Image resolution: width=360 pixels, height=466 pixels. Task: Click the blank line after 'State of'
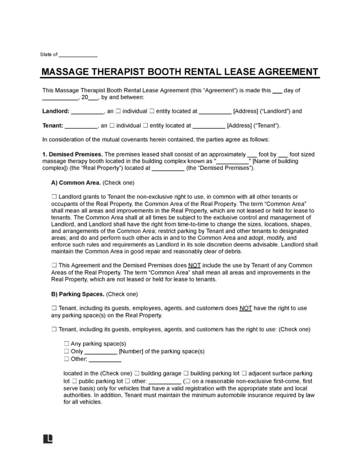click(78, 55)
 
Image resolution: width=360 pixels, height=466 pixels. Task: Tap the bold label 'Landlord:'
click(56, 111)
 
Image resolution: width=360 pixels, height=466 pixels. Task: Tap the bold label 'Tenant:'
click(52, 126)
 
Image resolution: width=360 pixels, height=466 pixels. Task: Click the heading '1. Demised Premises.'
click(73, 154)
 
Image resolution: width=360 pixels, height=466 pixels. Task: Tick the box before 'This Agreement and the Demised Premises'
click(54, 265)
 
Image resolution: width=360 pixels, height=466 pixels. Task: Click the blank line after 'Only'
click(101, 351)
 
